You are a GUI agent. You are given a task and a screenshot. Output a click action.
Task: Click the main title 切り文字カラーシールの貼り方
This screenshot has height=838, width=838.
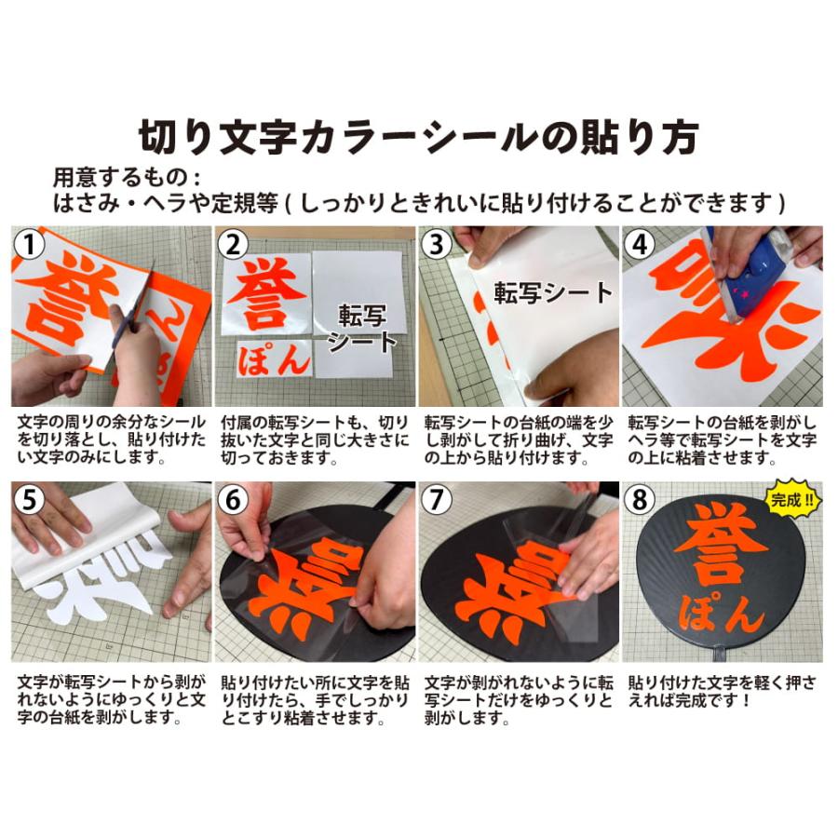[418, 138]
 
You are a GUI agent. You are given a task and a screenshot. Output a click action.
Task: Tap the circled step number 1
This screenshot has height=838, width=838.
[33, 247]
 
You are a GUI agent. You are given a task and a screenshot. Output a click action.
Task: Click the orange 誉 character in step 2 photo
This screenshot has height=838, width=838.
[266, 291]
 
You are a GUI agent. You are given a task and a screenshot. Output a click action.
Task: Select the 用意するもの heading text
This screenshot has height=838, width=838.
[126, 177]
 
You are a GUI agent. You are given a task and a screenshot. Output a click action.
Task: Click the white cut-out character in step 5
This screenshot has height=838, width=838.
[102, 582]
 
